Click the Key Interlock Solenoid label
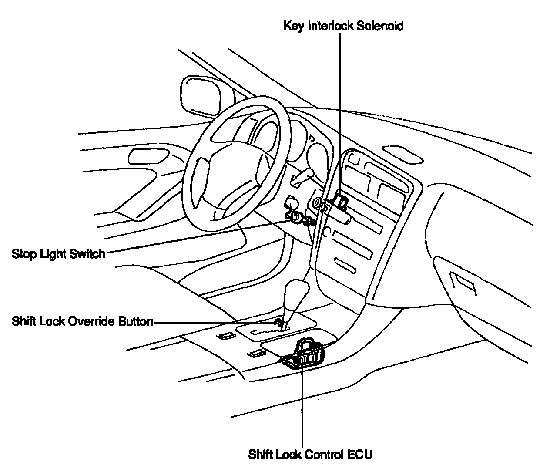point(343,26)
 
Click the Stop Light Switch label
point(58,253)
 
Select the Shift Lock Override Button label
point(82,322)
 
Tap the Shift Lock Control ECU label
point(310,455)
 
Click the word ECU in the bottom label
point(360,455)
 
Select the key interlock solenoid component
point(339,201)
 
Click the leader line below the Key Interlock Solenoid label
point(340,109)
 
